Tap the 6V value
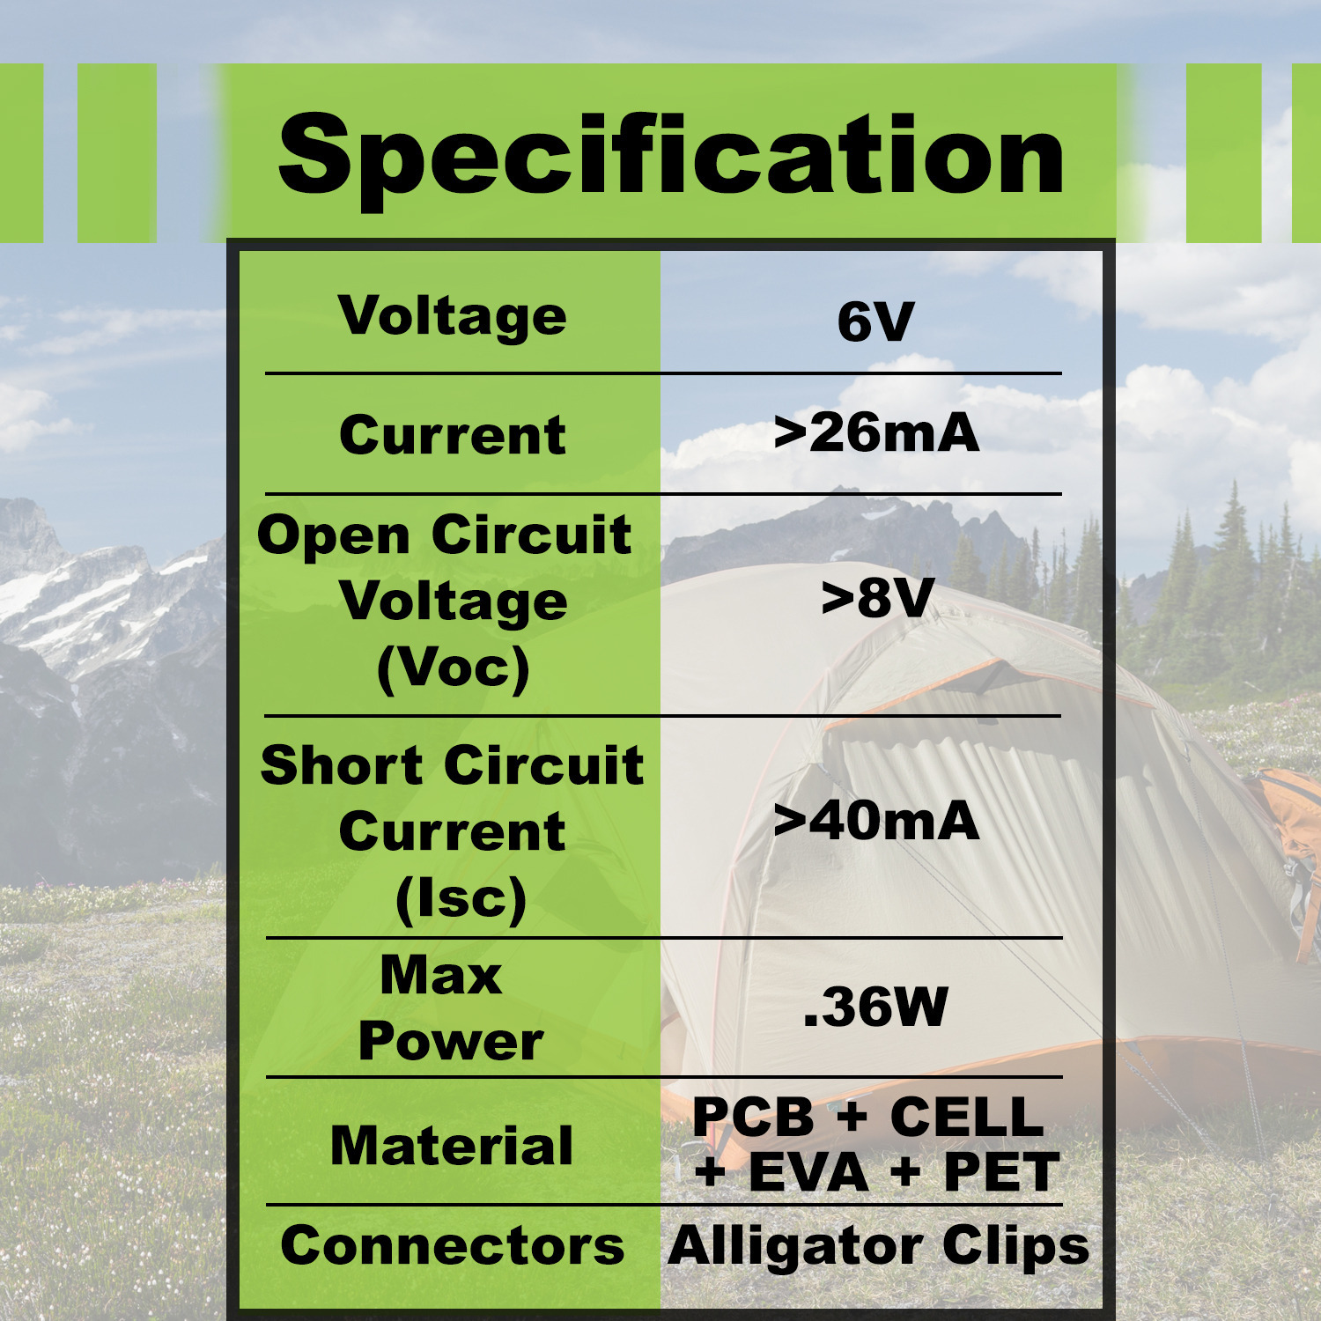point(875,322)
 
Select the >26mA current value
point(876,433)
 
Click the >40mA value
point(876,821)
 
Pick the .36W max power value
point(875,1007)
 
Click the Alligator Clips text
point(878,1246)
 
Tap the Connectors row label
point(453,1246)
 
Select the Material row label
point(452,1146)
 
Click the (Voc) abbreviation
point(454,668)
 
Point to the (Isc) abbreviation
point(461,899)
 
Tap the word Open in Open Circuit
point(334,535)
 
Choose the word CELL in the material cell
point(967,1117)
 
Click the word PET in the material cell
point(1001,1172)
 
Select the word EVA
point(808,1172)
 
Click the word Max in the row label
point(440,976)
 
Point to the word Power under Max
point(450,1042)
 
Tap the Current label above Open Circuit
point(452,435)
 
